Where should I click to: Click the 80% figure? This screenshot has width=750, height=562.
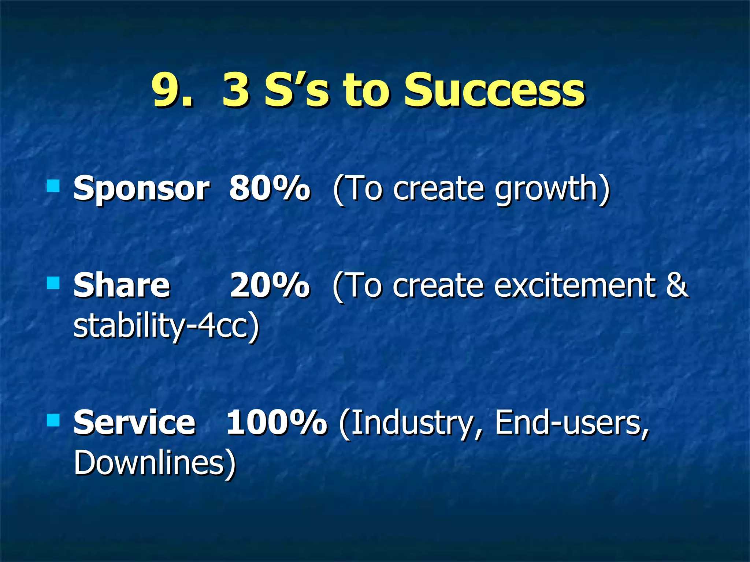click(x=270, y=188)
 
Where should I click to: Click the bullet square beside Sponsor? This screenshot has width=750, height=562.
click(x=53, y=186)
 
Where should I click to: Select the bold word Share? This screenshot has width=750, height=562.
click(x=122, y=286)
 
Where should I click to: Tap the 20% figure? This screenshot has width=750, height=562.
click(x=270, y=285)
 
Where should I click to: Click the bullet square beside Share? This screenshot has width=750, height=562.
click(x=53, y=283)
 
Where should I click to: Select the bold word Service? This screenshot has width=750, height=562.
click(x=134, y=423)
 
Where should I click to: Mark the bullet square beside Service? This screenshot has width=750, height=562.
click(x=53, y=420)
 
